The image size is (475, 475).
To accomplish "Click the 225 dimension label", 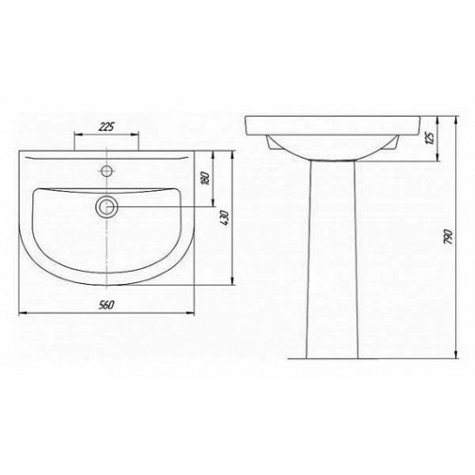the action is coord(106,127).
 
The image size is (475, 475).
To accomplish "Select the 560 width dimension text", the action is coord(106,305).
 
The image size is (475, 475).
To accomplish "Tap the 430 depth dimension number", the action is coord(225,218).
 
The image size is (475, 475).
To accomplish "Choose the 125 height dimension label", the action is coord(430,138).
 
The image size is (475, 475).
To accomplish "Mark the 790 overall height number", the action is coord(448,237).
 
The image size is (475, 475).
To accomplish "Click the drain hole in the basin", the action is coord(106,207).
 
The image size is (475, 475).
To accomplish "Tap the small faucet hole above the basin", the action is coord(106,171).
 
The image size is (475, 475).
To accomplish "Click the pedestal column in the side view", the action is coord(332,259).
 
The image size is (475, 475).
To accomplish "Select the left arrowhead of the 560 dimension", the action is coord(23,313).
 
